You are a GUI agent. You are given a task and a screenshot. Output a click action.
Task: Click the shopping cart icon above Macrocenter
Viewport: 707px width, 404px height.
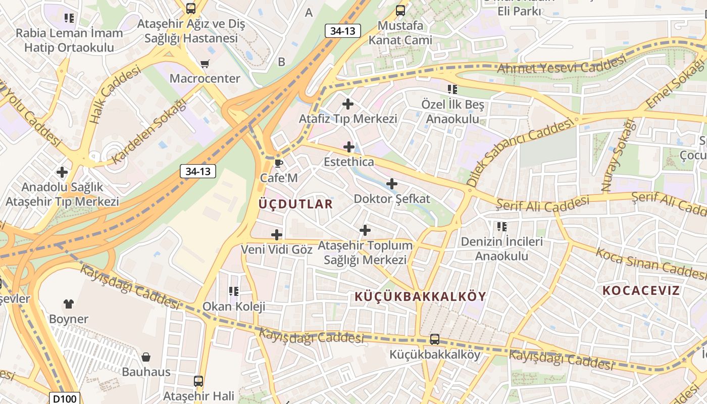coord(205,64)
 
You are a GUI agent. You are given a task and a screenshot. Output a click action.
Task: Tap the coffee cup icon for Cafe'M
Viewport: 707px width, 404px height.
coord(278,163)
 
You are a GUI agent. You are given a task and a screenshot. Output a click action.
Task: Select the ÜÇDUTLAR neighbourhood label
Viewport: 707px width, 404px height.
coord(295,204)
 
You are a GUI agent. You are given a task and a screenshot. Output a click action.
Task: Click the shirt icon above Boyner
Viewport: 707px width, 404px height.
coord(69,304)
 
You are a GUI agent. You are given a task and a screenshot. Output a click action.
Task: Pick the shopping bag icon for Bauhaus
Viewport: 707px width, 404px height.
coord(146,357)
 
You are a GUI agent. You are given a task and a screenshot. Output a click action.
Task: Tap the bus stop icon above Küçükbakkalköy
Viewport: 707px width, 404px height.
coord(434,339)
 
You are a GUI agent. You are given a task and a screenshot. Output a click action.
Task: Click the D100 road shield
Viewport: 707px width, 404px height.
coord(65,398)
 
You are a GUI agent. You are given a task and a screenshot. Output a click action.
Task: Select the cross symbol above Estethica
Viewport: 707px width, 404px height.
coord(349,147)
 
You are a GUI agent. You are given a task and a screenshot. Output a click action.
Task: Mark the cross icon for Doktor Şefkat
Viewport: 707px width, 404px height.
coord(391,184)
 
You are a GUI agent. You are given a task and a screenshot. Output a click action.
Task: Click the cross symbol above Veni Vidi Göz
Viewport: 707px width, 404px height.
coord(277,234)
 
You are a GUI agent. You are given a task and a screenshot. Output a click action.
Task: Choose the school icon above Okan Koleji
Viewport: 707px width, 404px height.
coord(233,291)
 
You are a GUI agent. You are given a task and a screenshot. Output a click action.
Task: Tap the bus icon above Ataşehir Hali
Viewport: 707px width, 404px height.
coord(198,381)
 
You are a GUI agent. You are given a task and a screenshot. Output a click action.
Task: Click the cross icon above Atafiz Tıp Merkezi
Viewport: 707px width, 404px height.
coord(348,104)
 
